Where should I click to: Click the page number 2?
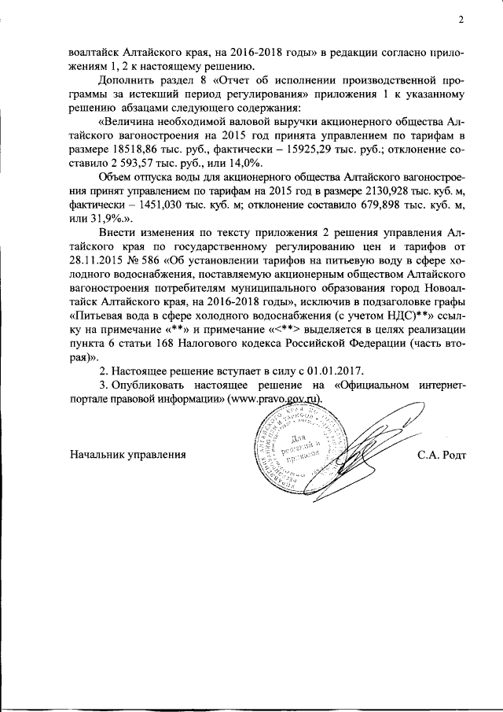coord(461,20)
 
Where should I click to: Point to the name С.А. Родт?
coord(442,454)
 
